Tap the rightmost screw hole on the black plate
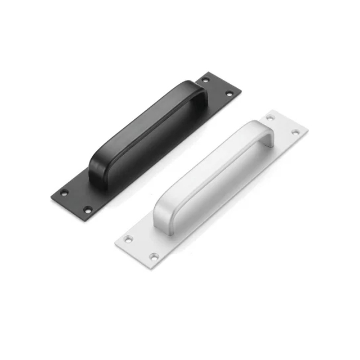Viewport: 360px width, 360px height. (x=229, y=93)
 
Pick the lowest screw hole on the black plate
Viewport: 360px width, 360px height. (x=88, y=210)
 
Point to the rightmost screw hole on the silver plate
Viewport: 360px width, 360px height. (x=295, y=132)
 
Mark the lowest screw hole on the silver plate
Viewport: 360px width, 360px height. (x=153, y=256)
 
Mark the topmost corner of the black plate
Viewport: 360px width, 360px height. (x=209, y=71)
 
